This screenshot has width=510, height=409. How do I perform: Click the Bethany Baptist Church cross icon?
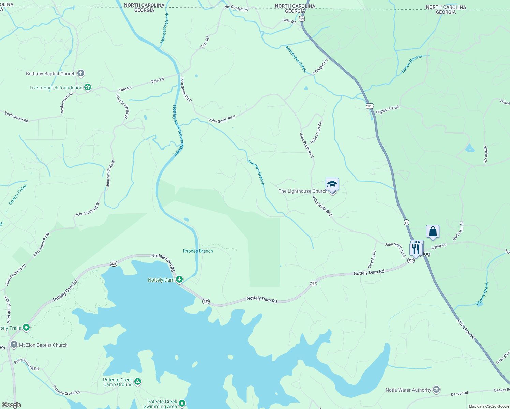coord(81,73)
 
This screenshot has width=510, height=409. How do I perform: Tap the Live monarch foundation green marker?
coord(88,88)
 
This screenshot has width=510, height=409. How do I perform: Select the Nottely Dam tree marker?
coord(179,279)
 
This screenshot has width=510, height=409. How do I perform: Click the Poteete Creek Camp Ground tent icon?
coord(137,382)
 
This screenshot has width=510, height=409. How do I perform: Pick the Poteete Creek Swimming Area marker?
coord(182,404)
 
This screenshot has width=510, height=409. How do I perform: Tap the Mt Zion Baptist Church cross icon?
coord(14,345)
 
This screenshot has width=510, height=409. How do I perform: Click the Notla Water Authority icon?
coord(436,390)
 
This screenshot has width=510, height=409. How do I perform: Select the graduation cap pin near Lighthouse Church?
coord(332,184)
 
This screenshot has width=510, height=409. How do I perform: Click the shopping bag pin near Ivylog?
coord(433,232)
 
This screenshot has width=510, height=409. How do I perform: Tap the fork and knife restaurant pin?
coord(416,249)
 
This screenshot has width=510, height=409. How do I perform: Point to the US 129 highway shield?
coord(370,106)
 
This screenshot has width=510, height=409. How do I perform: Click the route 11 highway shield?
coord(406,222)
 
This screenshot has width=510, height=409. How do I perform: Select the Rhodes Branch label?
coord(198,251)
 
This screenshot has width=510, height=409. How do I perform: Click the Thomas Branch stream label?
coord(256,172)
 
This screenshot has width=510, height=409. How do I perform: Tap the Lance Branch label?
coord(411,63)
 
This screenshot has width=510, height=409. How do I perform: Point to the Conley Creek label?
coord(482,293)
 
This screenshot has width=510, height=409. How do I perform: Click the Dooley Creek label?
coord(18,195)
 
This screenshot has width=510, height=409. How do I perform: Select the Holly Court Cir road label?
coord(316,133)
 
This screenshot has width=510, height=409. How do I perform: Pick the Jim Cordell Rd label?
coord(236,8)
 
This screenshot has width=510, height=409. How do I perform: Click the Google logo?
coord(12,405)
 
